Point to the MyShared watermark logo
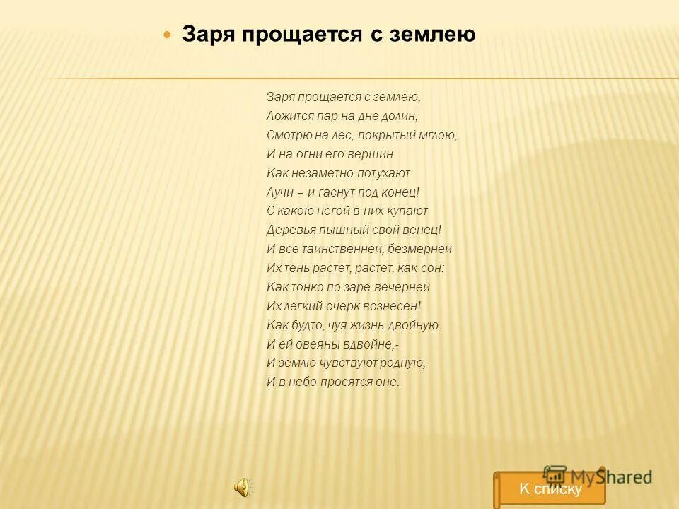click(x=598, y=476)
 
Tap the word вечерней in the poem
click(x=402, y=287)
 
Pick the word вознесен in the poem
click(x=391, y=306)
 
